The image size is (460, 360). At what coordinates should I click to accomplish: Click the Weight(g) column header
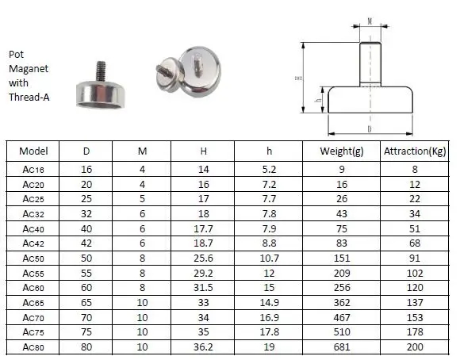(x=342, y=151)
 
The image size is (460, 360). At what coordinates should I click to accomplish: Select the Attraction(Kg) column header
(x=415, y=151)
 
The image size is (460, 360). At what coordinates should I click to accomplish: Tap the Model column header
(x=33, y=151)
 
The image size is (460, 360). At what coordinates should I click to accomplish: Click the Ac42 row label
(x=33, y=243)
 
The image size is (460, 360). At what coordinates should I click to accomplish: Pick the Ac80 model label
(x=33, y=347)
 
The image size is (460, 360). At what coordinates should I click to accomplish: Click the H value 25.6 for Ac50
(x=203, y=259)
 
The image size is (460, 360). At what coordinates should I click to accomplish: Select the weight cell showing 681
(x=342, y=347)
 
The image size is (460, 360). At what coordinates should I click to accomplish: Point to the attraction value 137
(x=415, y=302)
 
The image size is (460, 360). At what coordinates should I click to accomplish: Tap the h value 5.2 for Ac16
(x=270, y=169)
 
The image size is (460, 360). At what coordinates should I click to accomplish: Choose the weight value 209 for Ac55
(x=342, y=273)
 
